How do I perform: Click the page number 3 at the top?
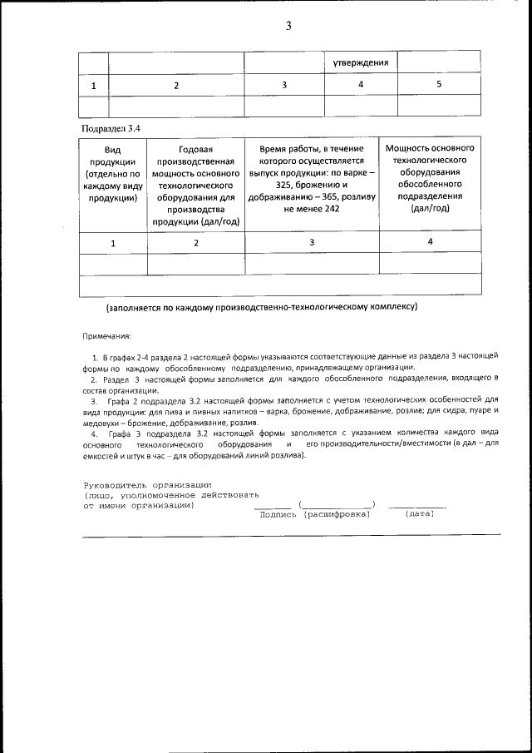(288, 26)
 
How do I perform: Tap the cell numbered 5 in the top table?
(439, 85)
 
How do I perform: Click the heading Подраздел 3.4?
(111, 128)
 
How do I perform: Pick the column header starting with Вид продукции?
(112, 172)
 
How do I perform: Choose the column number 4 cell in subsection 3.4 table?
(430, 241)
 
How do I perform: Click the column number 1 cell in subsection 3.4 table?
(112, 242)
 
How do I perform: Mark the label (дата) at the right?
(419, 514)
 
